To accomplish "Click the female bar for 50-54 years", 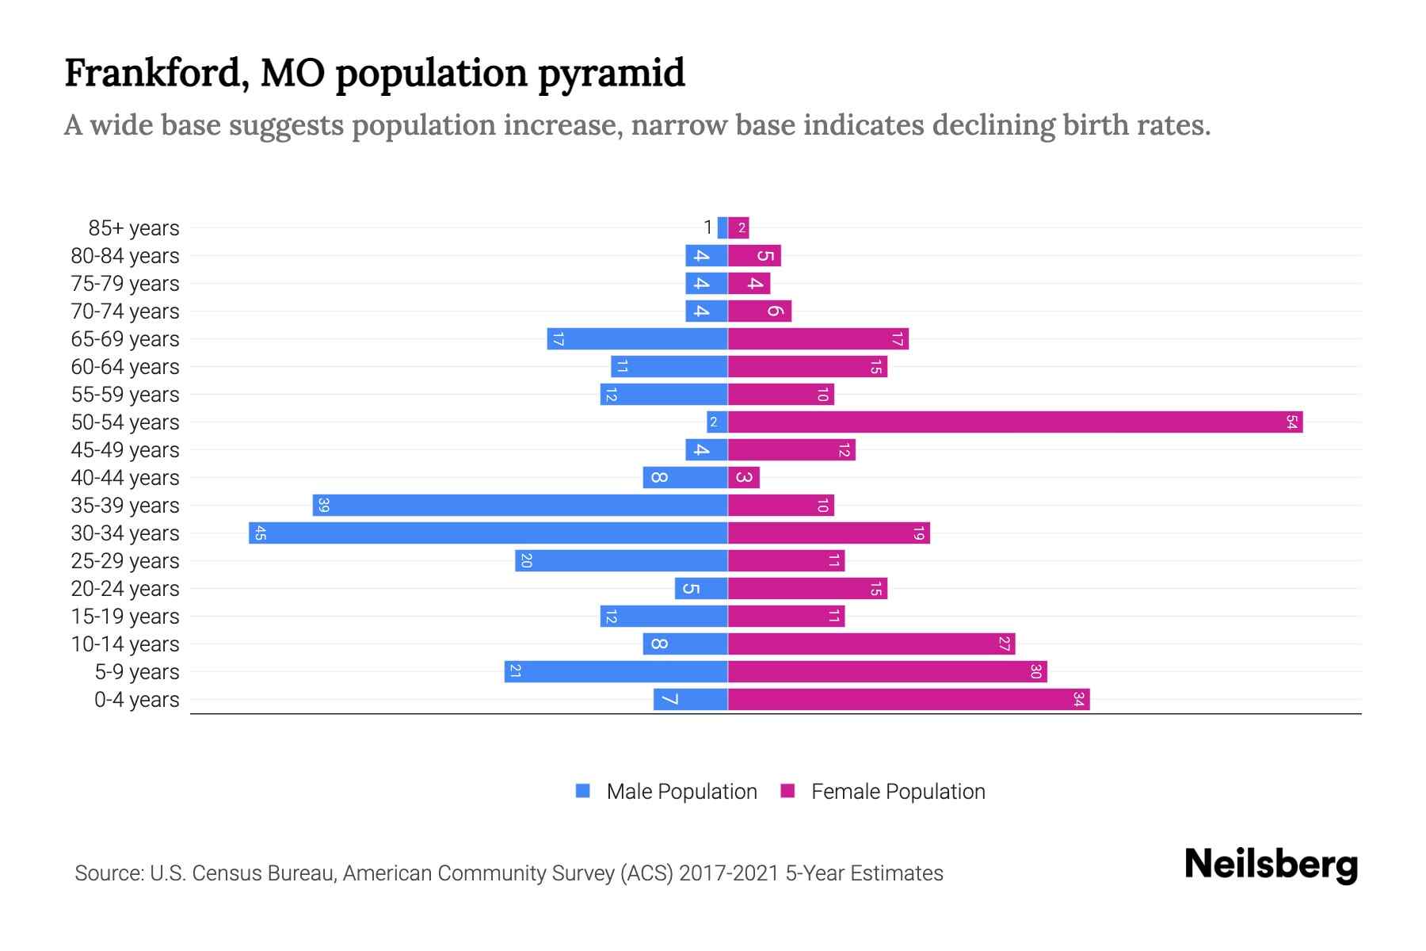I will [1014, 422].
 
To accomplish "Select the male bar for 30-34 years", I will [488, 533].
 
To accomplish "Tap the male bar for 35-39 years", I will [520, 506].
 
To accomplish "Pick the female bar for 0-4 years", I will [908, 700].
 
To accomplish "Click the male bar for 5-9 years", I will [616, 672].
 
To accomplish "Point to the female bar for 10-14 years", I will [871, 644].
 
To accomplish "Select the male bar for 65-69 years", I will [637, 339].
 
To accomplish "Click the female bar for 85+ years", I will [738, 228].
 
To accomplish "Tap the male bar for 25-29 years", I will [621, 561].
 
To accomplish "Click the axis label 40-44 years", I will [125, 478].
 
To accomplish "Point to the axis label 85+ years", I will [134, 228].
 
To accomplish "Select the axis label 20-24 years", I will [125, 589].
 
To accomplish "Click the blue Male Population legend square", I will [583, 791].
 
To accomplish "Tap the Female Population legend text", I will [898, 792].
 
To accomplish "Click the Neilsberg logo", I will [1271, 865].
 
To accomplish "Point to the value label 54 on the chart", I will [1291, 422].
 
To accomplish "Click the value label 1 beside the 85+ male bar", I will [707, 228].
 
